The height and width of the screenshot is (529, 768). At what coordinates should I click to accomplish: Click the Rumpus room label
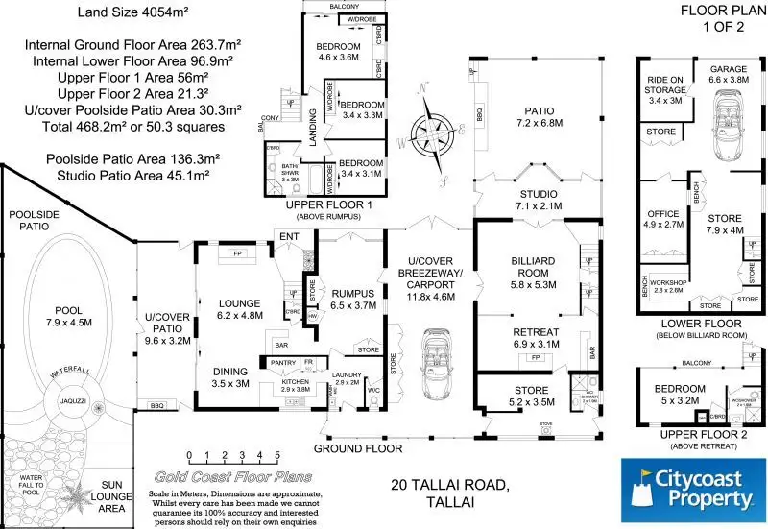[356, 299]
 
